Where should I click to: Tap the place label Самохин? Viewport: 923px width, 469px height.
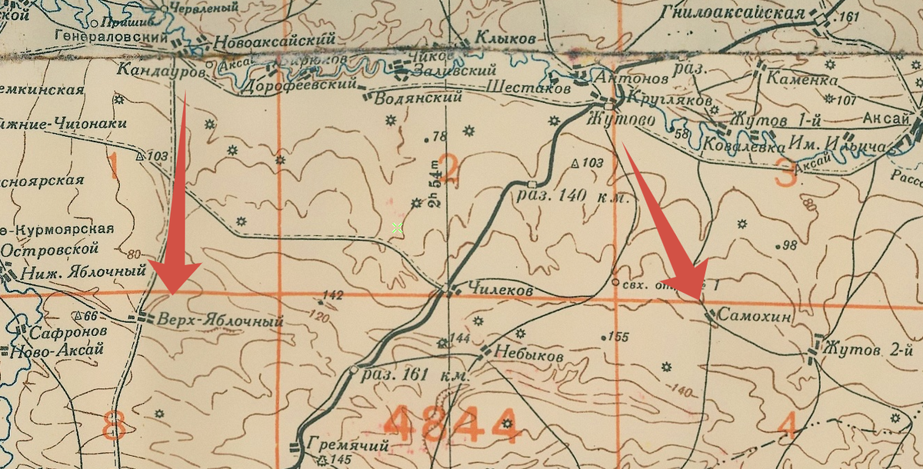coord(758,317)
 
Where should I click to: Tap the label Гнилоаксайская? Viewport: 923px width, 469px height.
coord(732,13)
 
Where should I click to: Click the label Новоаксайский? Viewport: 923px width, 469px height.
coord(275,41)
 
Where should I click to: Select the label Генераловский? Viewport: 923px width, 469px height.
coord(112,36)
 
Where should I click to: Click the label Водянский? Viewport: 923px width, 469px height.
coord(420,98)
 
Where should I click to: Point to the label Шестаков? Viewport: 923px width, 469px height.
coord(528,89)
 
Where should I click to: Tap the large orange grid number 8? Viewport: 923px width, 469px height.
coord(114,425)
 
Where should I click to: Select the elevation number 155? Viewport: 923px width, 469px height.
coord(618,337)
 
